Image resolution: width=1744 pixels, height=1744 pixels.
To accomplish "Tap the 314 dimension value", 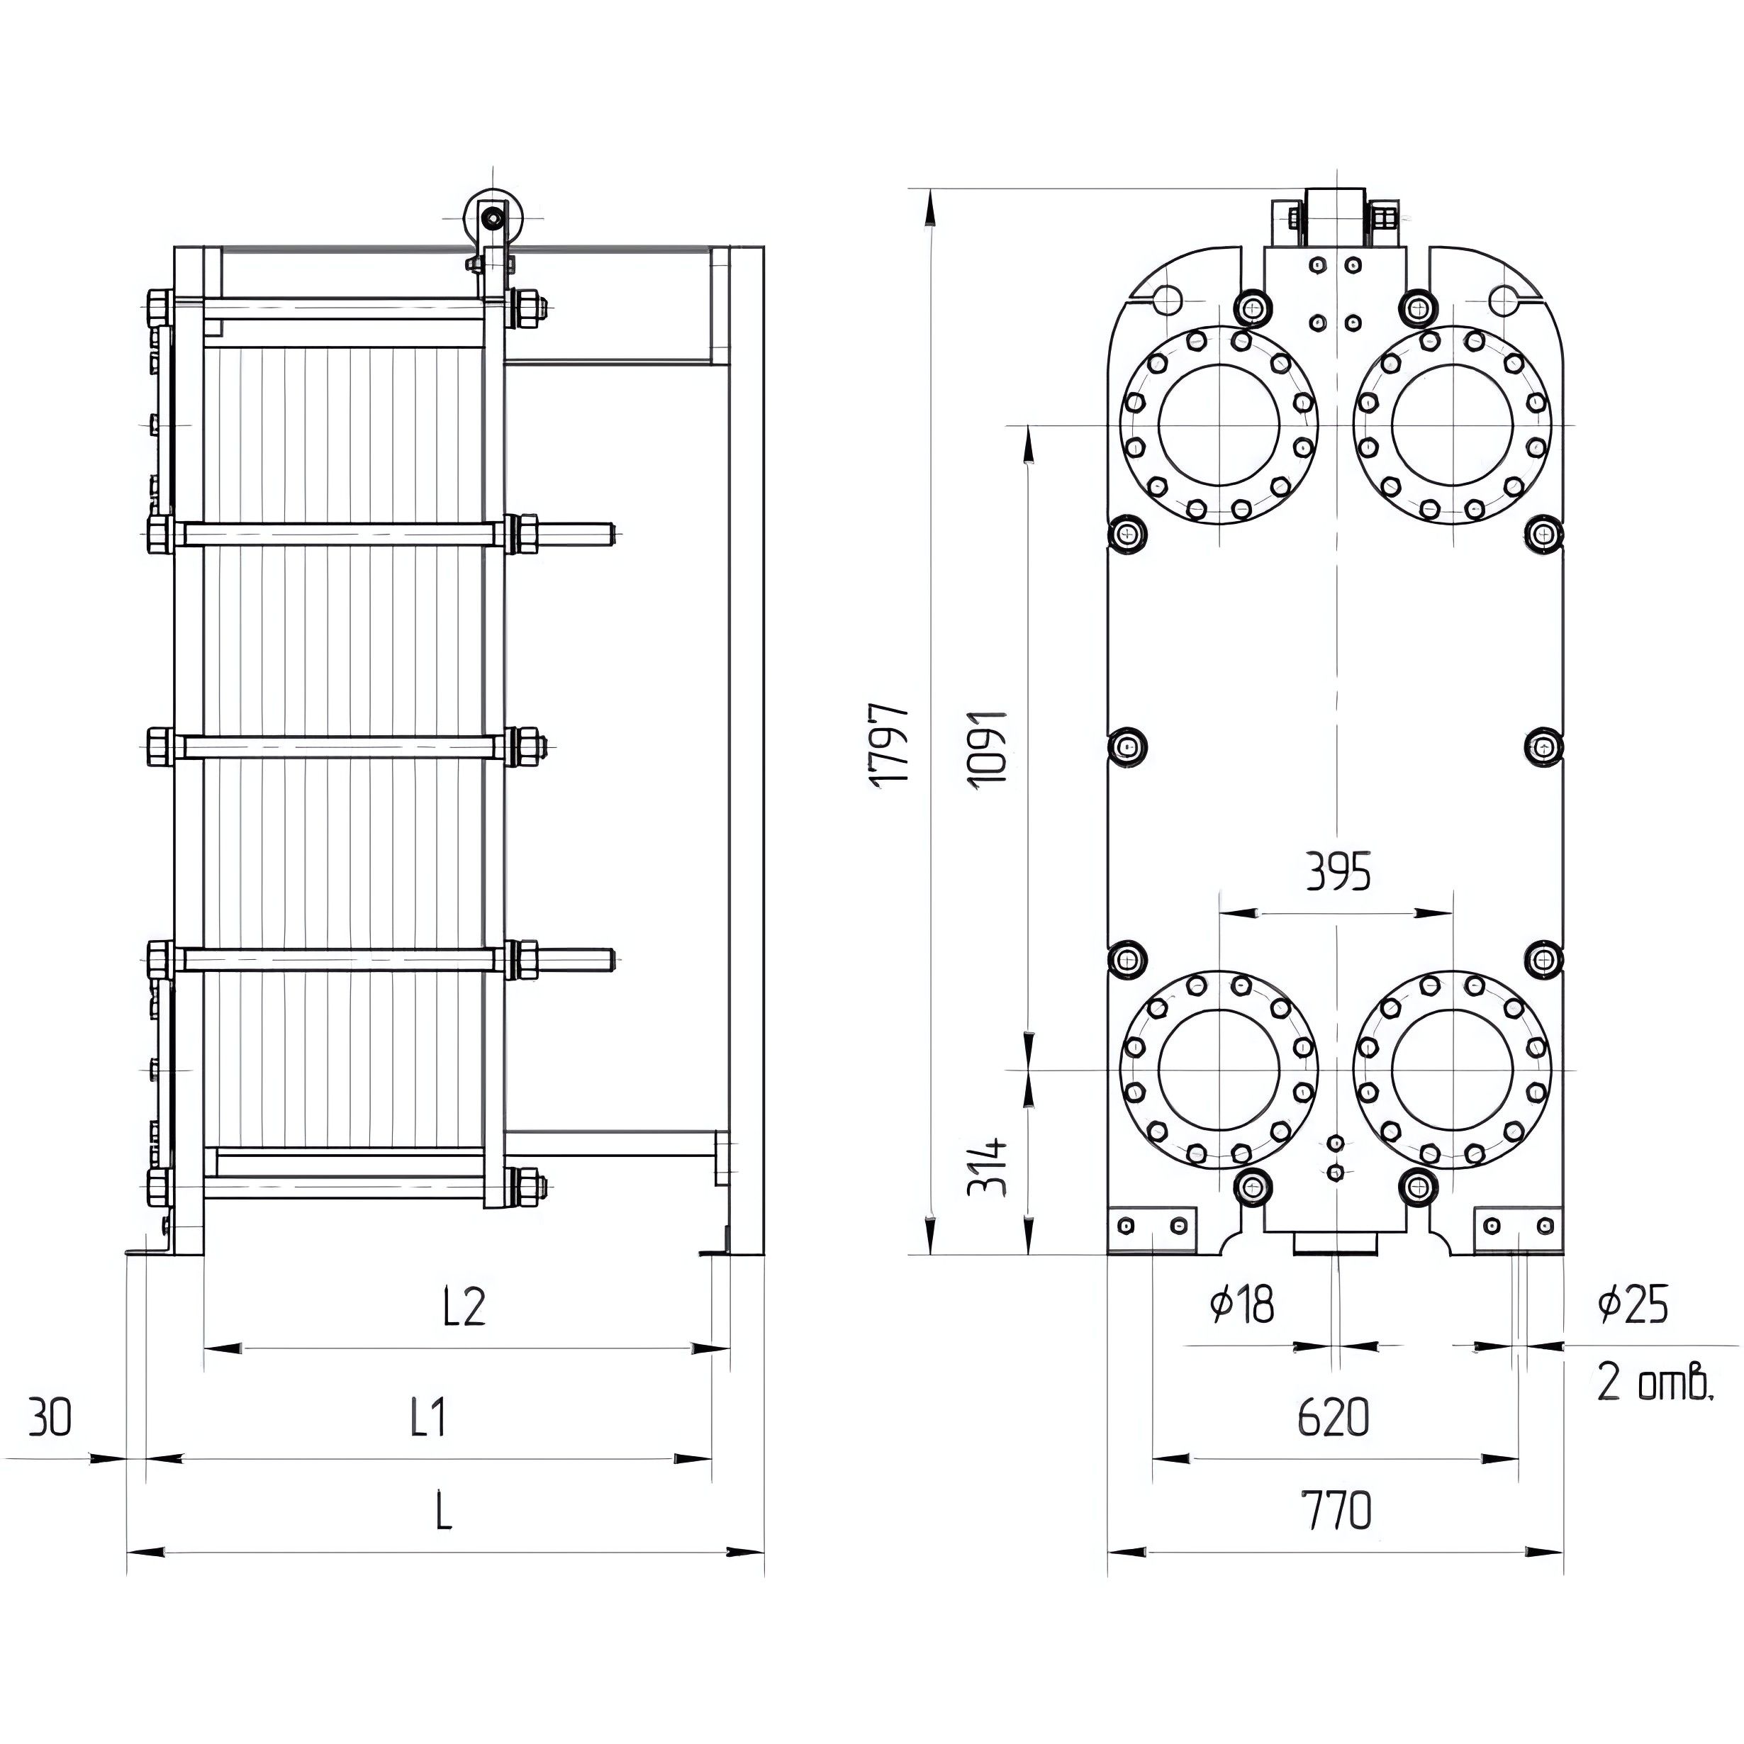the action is pyautogui.click(x=987, y=1167).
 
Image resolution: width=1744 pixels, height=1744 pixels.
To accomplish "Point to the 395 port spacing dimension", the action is pyautogui.click(x=1338, y=871).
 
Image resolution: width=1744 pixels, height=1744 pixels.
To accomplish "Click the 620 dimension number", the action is pyautogui.click(x=1334, y=1417).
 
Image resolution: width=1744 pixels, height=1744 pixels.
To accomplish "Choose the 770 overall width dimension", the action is pyautogui.click(x=1336, y=1510).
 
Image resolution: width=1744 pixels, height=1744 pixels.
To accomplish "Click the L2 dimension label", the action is pyautogui.click(x=465, y=1305).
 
